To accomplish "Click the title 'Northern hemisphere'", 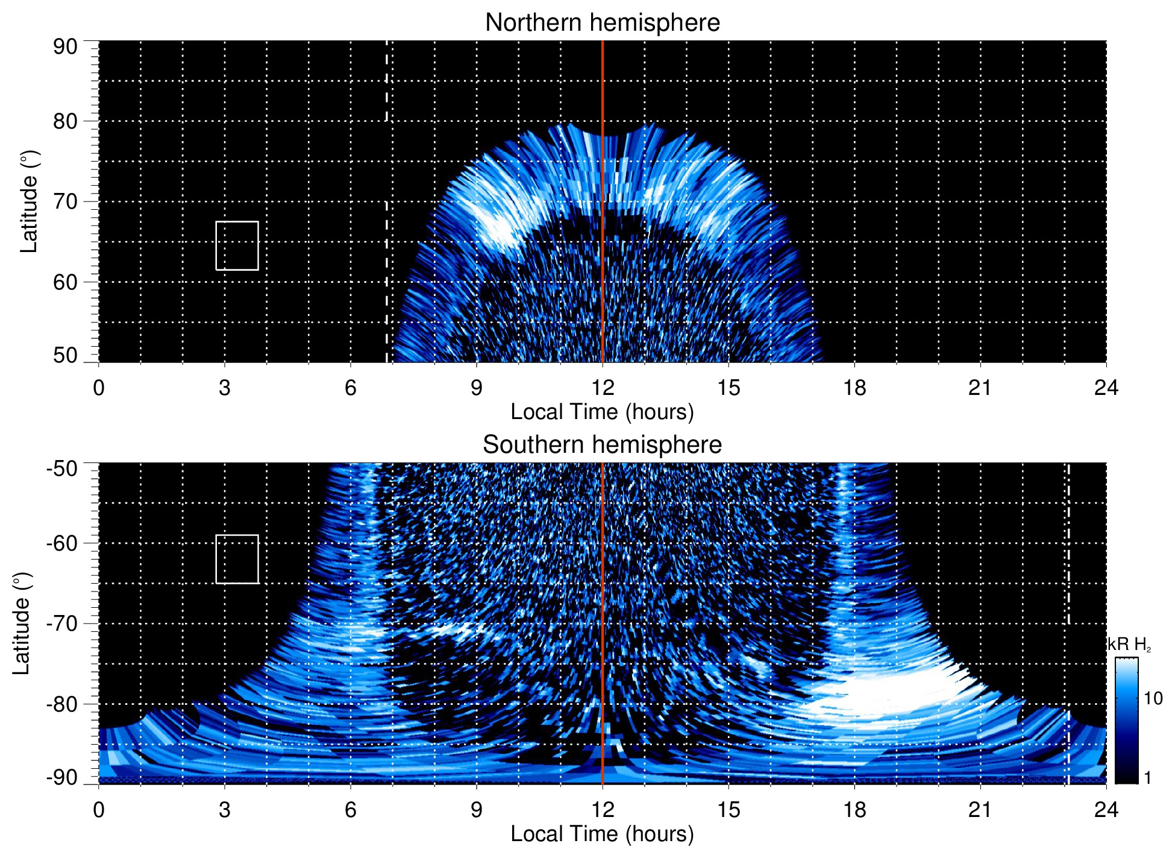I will (602, 23).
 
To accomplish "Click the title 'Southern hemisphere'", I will (602, 445).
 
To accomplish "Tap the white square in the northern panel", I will (237, 245).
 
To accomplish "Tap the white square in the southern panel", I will (237, 559).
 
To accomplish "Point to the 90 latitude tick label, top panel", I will (65, 47).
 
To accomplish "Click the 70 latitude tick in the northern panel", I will (65, 201).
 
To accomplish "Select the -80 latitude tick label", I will (61, 704).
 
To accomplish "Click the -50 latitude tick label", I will (61, 468).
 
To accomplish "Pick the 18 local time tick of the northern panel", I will (854, 388).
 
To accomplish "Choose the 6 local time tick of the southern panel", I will (350, 810).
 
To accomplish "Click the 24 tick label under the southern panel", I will (1106, 810).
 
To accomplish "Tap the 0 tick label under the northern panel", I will (99, 388).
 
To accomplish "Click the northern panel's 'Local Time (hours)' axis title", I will (602, 412).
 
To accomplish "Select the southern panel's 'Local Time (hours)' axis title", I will (602, 834).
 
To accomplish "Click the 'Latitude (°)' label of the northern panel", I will (29, 201).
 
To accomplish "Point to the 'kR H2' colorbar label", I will (1129, 645).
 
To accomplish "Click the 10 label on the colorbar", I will (1152, 698).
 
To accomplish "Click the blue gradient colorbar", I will (1126, 721).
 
